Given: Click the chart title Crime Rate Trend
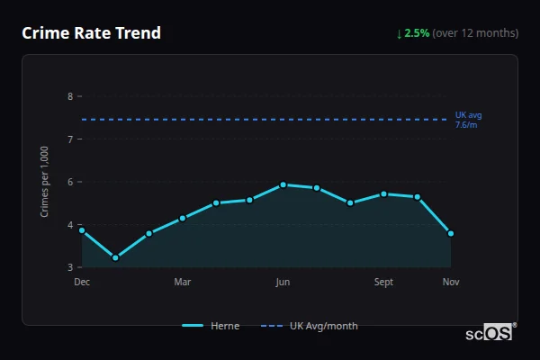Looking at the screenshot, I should coord(91,33).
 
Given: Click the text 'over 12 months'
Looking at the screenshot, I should coord(475,33).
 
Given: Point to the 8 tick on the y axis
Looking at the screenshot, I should coord(70,96).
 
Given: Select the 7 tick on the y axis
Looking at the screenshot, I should coord(70,139).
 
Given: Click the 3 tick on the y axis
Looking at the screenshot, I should coord(70,267).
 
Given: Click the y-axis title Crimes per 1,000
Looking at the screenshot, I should coord(45,182).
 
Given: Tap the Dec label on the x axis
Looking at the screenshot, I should coord(82,283).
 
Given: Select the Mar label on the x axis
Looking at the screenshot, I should coord(183,283).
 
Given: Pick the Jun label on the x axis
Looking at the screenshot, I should coord(283,283).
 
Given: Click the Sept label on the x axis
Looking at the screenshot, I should coord(383,283).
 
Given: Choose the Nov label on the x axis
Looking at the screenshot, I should coord(451,283).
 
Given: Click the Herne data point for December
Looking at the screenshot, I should coord(82,230).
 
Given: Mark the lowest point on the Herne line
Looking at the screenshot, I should coord(115,258).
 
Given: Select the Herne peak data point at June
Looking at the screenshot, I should coord(283,184).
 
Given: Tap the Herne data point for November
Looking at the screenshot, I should coord(451,233).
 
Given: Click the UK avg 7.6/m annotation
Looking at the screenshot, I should coord(468,120).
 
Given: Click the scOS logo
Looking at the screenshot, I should coord(490,332).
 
